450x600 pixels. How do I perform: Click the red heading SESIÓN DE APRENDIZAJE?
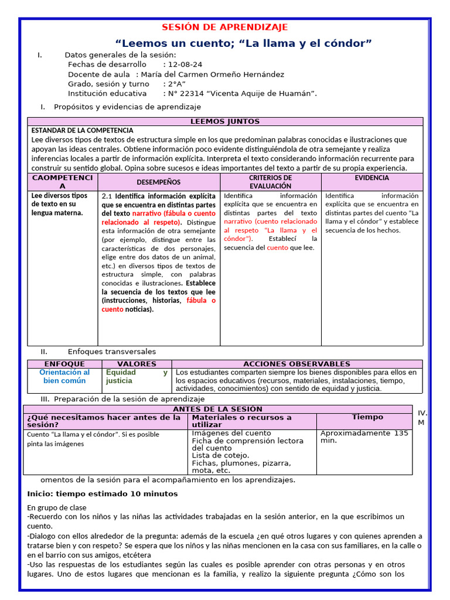click(x=225, y=28)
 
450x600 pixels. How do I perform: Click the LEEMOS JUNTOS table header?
click(x=225, y=121)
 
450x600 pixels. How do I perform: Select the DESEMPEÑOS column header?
click(x=159, y=182)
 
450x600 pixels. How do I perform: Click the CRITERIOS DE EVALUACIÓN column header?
click(x=270, y=182)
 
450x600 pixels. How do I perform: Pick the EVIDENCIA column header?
click(x=371, y=178)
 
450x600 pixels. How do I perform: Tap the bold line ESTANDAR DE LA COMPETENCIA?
click(x=82, y=130)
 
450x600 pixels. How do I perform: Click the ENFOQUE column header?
click(x=64, y=364)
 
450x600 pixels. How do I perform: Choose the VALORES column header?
click(x=137, y=364)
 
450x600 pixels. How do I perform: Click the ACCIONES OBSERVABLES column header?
click(x=296, y=364)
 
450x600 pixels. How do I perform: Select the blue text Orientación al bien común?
click(x=64, y=376)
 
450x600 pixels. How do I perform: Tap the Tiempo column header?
click(x=367, y=417)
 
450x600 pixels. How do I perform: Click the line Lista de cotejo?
click(x=221, y=455)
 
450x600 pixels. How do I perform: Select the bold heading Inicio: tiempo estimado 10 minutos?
click(x=103, y=494)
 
